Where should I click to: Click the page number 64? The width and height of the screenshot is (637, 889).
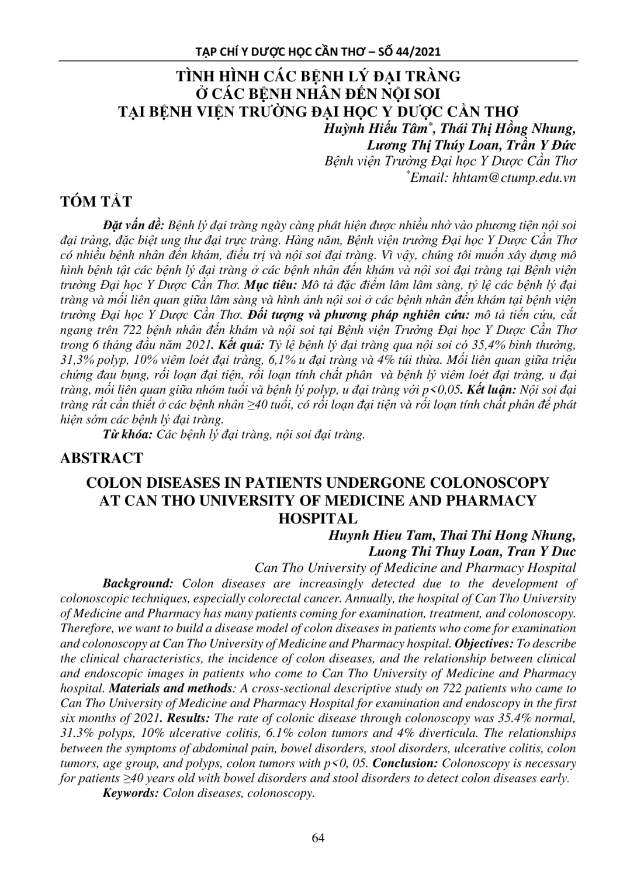coord(318,838)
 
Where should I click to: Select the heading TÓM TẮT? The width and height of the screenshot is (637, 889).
coord(96,202)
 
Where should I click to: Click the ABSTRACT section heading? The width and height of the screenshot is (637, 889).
coord(102,457)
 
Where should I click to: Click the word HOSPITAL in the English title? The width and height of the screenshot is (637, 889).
coord(318,518)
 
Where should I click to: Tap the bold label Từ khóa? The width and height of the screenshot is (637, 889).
coord(128,435)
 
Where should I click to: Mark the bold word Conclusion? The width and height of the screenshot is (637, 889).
coord(406,763)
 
